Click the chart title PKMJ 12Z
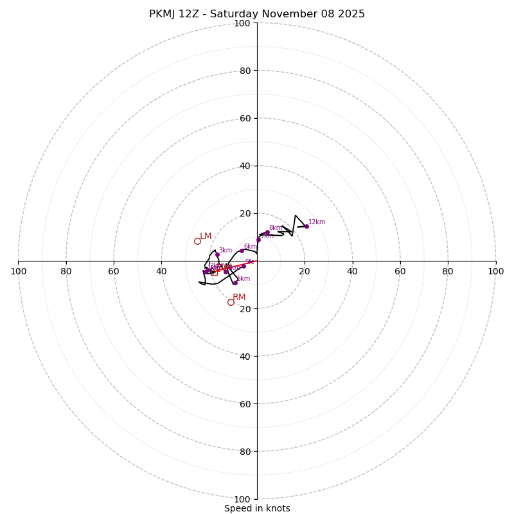[x=257, y=14]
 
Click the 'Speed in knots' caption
[x=257, y=508]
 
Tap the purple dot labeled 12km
[x=306, y=226]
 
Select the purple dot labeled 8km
[x=267, y=233]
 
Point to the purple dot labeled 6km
[x=242, y=251]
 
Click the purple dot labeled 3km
[x=217, y=254]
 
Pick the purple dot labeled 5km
[x=235, y=283]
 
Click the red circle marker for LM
[x=197, y=241]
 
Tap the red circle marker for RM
[x=231, y=302]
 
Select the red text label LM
[x=206, y=236]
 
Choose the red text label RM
[x=239, y=297]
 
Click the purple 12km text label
[x=317, y=222]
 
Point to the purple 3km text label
[x=226, y=251]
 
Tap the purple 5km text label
[x=244, y=279]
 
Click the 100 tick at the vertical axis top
[x=242, y=24]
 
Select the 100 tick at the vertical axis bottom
[x=242, y=499]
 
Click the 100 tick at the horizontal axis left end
[x=19, y=272]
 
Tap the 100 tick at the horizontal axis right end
[x=495, y=272]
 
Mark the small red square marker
[x=214, y=272]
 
